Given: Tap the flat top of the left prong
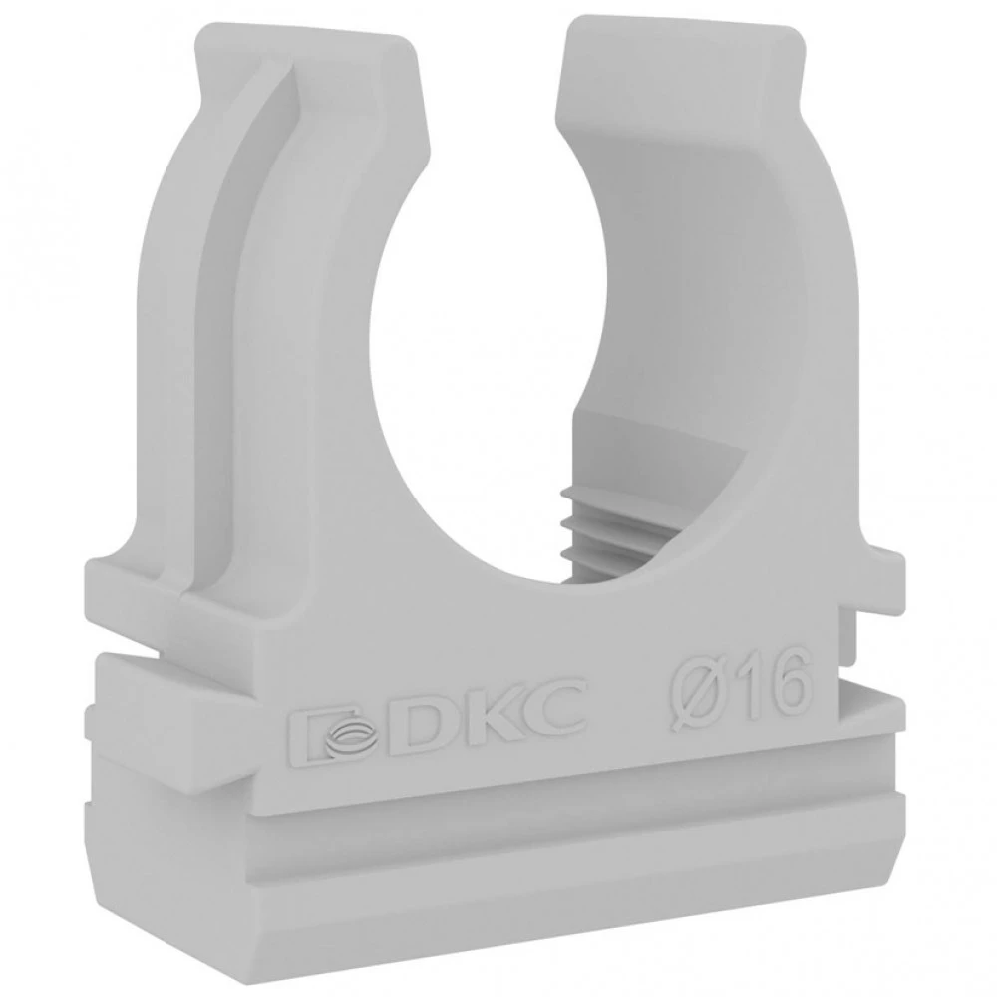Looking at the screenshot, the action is (x=305, y=40).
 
